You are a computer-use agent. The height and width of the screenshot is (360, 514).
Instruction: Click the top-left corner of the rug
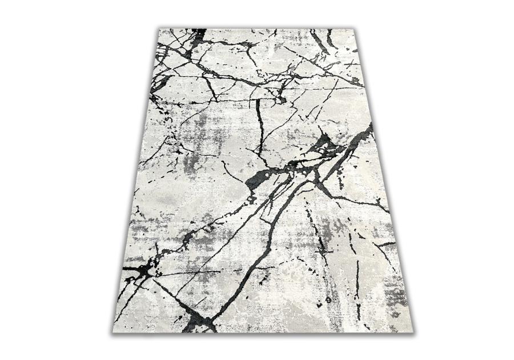pyautogui.click(x=159, y=29)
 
